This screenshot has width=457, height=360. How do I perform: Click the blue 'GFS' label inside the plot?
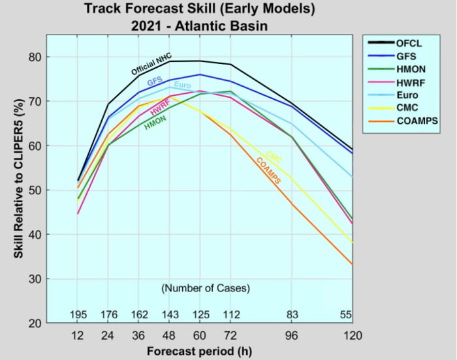pyautogui.click(x=155, y=82)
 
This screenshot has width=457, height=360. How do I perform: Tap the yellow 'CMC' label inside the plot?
pyautogui.click(x=274, y=157)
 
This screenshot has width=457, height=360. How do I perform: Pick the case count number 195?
pyautogui.click(x=78, y=316)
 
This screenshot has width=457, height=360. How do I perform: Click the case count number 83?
pyautogui.click(x=292, y=316)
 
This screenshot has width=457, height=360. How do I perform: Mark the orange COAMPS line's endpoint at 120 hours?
pyautogui.click(x=353, y=264)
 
